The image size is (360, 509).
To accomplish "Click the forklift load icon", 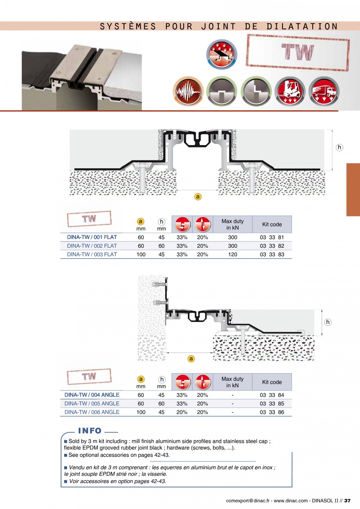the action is (x=290, y=91).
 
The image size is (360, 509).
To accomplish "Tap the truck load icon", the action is (x=324, y=91).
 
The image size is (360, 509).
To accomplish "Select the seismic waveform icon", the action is (x=188, y=91).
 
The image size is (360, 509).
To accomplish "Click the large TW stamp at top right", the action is (x=298, y=53).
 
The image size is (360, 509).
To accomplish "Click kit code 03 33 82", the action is (x=272, y=246).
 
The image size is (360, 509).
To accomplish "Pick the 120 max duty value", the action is (x=232, y=254).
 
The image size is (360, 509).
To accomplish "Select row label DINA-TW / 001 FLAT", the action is (x=92, y=237).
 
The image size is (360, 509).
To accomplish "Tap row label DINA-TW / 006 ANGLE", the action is (x=92, y=412).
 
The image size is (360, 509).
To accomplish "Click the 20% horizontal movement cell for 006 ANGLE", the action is (x=182, y=412).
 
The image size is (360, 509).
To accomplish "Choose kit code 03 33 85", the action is (x=272, y=404).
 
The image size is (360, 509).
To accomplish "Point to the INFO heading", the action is (x=90, y=431).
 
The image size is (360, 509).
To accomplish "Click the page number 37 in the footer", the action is (x=347, y=501).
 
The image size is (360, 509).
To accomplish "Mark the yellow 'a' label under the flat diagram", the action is (x=198, y=196).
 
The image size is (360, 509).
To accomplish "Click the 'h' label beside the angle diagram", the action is (x=328, y=322).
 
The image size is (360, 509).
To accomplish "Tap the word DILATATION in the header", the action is (x=302, y=26).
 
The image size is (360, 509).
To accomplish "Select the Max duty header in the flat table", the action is (x=232, y=224).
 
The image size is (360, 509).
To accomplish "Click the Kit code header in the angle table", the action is (x=272, y=382).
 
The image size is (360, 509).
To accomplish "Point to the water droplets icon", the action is (x=221, y=54).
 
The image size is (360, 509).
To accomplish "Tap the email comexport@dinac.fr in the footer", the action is (x=248, y=501).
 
